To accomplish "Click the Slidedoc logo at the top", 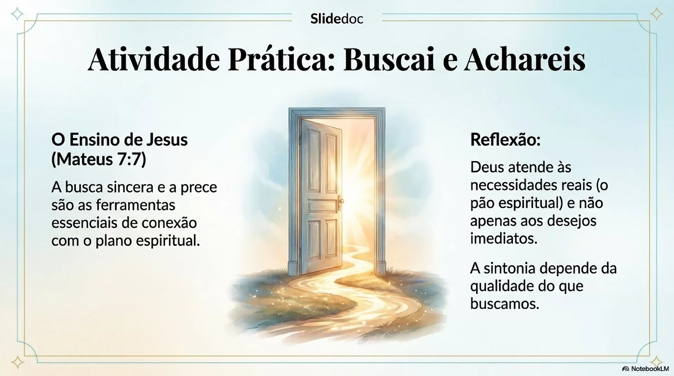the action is pyautogui.click(x=337, y=19).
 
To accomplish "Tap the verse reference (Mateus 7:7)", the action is pyautogui.click(x=99, y=159).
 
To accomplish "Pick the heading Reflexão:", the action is pyautogui.click(x=505, y=140).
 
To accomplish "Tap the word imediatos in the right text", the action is pyautogui.click(x=504, y=239).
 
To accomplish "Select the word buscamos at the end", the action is pyautogui.click(x=504, y=304).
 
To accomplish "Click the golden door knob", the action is pyautogui.click(x=341, y=201).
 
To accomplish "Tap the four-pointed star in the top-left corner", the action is pyautogui.click(x=17, y=14).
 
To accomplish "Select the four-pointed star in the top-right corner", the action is pyautogui.click(x=657, y=14).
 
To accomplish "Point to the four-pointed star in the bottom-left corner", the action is pyautogui.click(x=17, y=362).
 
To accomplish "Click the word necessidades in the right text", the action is pyautogui.click(x=511, y=185).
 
